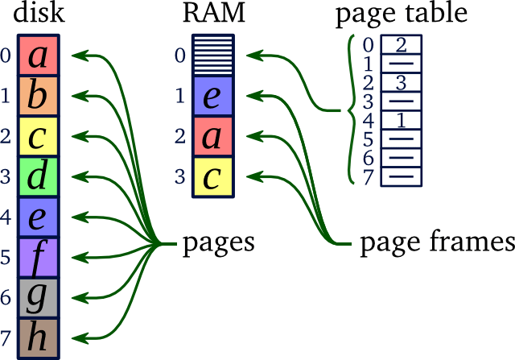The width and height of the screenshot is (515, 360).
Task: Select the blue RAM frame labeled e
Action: click(x=212, y=96)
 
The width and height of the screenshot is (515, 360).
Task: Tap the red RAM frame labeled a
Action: click(x=212, y=137)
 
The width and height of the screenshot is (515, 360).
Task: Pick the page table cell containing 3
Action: click(x=400, y=82)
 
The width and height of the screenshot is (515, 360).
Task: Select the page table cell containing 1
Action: click(x=400, y=120)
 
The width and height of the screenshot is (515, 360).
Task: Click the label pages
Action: click(x=218, y=242)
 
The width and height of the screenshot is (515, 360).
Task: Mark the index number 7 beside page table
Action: click(x=369, y=177)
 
